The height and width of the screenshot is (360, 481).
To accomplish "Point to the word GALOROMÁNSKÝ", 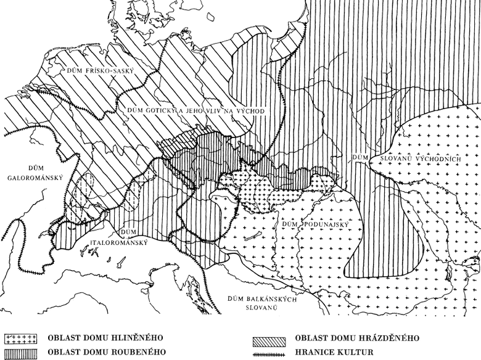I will point(33,179).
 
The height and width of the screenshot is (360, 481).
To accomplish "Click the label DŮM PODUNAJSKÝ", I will point(306,224).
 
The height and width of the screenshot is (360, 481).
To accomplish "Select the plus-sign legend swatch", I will point(20,338).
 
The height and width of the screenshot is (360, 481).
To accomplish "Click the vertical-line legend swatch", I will point(20,352).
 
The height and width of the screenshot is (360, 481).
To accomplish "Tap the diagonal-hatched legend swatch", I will point(270,338).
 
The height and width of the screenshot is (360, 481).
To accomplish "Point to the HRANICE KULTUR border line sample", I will point(270,352).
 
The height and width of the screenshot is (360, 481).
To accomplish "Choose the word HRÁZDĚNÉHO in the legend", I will point(389,338).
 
